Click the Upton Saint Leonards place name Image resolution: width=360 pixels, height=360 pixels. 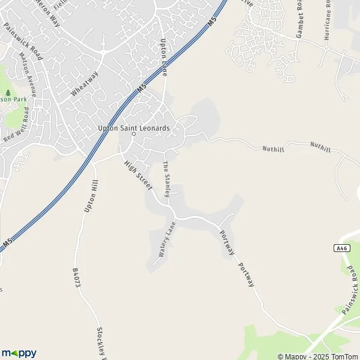point(134,128)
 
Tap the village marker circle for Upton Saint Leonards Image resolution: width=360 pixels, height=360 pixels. point(134,134)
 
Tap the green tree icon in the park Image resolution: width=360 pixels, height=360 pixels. point(8,93)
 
